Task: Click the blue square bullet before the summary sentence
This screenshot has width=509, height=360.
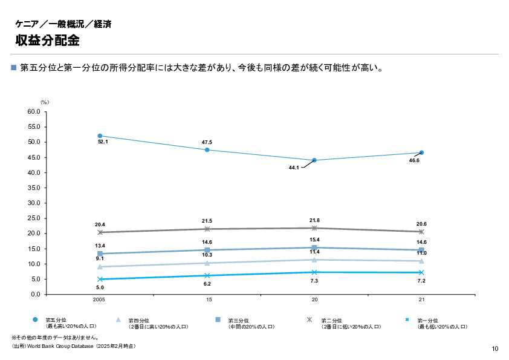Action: click(15, 67)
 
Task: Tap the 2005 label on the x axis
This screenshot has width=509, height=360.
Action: click(100, 300)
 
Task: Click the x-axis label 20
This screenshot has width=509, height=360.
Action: click(314, 300)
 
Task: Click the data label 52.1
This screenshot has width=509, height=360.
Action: click(103, 142)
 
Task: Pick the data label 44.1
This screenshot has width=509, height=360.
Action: click(294, 168)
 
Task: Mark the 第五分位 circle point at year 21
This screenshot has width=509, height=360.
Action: click(421, 152)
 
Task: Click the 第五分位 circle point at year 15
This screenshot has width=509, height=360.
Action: click(207, 149)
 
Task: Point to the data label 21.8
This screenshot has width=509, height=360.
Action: click(314, 220)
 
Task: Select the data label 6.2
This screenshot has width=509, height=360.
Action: click(207, 284)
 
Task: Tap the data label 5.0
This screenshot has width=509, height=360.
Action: click(100, 288)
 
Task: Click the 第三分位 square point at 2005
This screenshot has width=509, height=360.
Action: click(100, 254)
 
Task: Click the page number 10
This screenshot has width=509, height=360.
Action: click(495, 349)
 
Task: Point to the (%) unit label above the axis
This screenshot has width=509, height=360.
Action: click(44, 102)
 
